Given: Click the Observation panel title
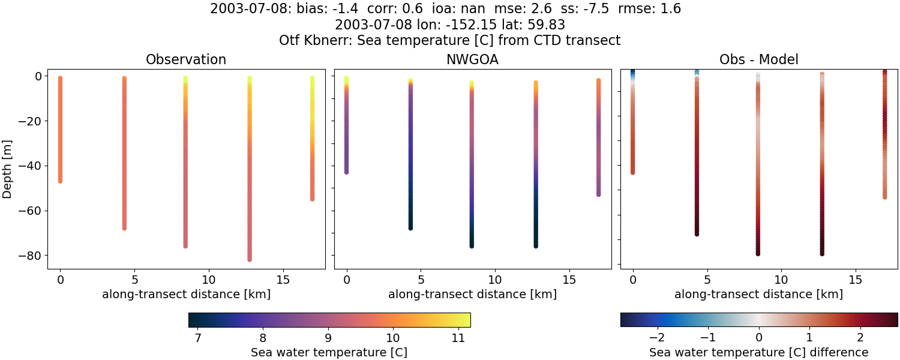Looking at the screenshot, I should tap(186, 60).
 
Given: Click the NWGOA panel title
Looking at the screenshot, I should tap(472, 60).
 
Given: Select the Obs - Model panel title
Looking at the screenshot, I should tap(758, 60).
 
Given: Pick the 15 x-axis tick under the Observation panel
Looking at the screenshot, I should tap(283, 280).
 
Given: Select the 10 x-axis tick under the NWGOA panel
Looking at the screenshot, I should tap(495, 280).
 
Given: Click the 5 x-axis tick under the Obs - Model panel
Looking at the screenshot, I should tap(707, 280).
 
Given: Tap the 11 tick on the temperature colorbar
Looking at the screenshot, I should tap(458, 338).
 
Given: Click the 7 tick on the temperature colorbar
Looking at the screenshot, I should tap(198, 338).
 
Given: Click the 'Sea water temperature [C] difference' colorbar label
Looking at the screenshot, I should tap(758, 353).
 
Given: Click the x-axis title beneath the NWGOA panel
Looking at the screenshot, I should tap(472, 295).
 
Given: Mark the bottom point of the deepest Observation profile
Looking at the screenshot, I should tap(249, 259).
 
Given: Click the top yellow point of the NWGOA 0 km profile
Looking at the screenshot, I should tap(346, 79).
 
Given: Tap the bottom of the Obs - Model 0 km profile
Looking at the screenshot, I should tap(632, 172).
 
